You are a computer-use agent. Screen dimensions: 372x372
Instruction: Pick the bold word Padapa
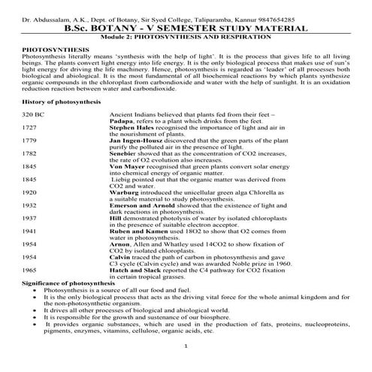click(122, 120)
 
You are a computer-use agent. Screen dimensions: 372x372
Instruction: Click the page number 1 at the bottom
click(186, 345)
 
